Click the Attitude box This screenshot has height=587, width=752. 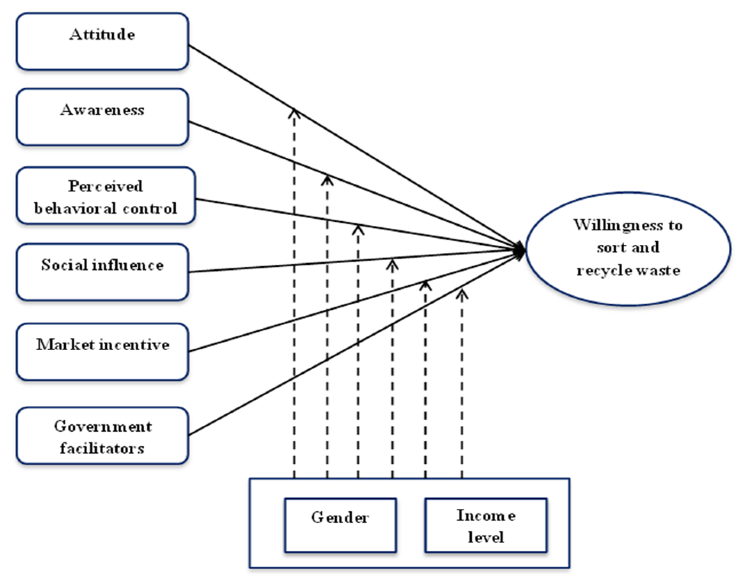coord(102,41)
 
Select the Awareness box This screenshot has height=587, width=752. coord(102,117)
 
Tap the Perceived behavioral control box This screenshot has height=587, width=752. coord(105,196)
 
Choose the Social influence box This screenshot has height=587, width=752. coord(102,272)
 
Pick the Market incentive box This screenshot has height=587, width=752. coord(102,351)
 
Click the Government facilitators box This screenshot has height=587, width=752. coord(102,436)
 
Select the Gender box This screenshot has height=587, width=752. coord(340,525)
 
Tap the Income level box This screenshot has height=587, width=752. coord(486,525)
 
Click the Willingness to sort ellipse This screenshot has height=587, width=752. coord(628,249)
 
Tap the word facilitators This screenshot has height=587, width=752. coord(102,448)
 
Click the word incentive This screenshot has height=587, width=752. coord(134,345)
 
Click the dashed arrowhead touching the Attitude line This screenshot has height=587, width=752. coord(294,113)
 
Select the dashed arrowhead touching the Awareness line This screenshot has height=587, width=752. coord(327,180)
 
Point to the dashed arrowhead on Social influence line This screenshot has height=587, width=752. coord(392,265)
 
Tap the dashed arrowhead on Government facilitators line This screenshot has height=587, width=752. coord(462,293)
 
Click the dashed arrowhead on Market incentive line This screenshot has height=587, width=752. coord(425,285)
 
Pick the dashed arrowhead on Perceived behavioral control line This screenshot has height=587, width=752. coord(358,229)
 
